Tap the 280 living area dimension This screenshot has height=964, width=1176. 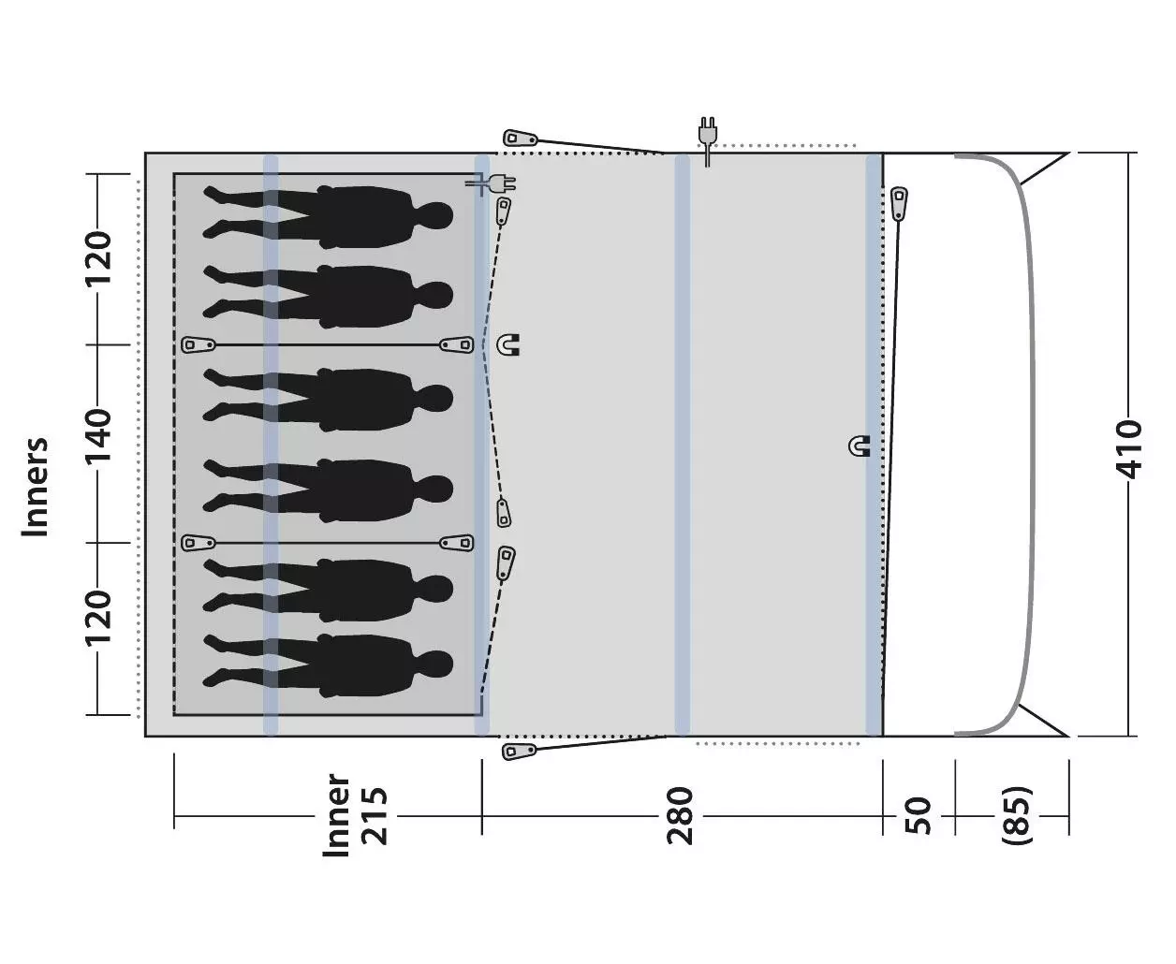[x=680, y=816]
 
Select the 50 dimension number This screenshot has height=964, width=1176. [x=919, y=816]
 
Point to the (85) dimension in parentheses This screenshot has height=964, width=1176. [x=1017, y=816]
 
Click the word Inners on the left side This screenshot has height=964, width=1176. [x=36, y=487]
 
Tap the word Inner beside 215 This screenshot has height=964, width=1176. [x=337, y=814]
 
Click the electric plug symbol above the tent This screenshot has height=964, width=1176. [x=708, y=140]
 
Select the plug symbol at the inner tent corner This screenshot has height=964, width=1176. [x=492, y=183]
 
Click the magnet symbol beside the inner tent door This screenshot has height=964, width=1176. [x=508, y=344]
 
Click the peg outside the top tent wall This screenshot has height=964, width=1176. [x=521, y=138]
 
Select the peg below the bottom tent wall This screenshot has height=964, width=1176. [x=520, y=751]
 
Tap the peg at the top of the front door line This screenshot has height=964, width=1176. [x=899, y=203]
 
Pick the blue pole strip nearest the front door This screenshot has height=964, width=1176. [x=874, y=445]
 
